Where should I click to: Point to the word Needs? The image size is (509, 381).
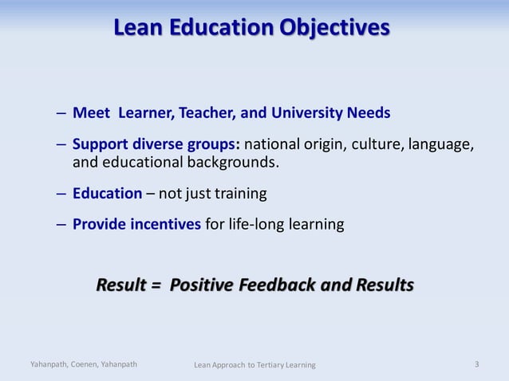[x=369, y=112]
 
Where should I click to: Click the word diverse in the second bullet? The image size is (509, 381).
[x=152, y=146]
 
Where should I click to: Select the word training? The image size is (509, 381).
[x=236, y=194]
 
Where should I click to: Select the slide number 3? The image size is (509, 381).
[x=476, y=364]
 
